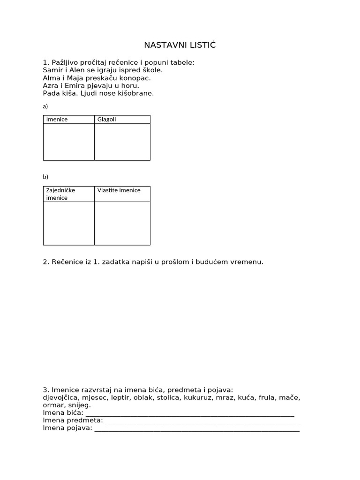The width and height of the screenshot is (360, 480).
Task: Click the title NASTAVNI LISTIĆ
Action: tap(180, 45)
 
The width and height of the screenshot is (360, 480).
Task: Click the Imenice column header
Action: tap(57, 119)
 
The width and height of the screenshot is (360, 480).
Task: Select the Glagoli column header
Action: tap(106, 119)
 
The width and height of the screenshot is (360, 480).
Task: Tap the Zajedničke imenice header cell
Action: tap(60, 194)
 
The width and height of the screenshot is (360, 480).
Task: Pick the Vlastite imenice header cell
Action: tap(119, 190)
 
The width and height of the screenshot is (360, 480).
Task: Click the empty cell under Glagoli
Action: tap(122, 142)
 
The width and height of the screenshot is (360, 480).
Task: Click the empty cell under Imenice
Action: tap(69, 142)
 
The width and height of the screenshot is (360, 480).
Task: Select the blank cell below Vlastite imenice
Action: tap(122, 223)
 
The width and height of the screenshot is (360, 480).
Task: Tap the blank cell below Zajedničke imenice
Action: tap(69, 223)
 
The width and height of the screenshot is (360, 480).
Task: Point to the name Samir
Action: tap(52, 70)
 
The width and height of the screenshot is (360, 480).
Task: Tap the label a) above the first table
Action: tap(45, 106)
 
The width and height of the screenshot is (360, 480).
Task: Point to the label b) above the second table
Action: tap(45, 177)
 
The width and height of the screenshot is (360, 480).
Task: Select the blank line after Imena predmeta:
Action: tap(202, 421)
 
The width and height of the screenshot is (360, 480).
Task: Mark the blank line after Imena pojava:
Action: tap(197, 428)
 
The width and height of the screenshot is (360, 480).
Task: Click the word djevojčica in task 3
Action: tap(61, 397)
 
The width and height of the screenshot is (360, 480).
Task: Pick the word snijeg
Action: tap(80, 405)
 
